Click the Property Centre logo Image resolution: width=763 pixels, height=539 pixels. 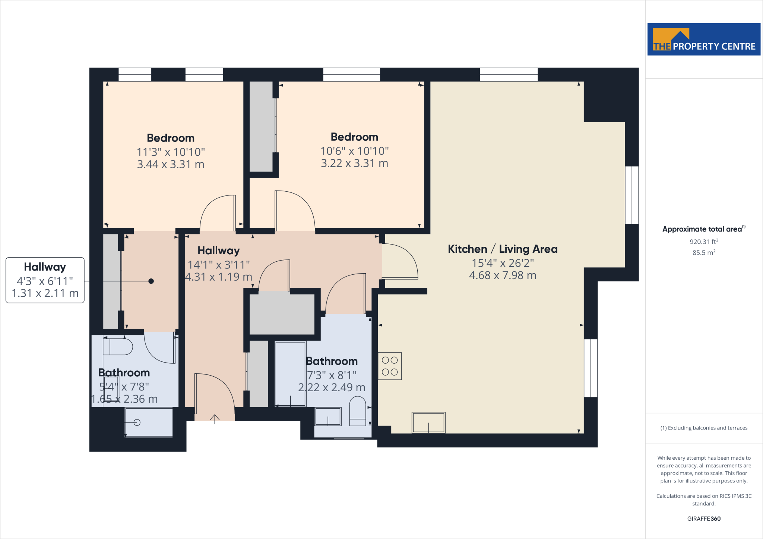click(703, 39)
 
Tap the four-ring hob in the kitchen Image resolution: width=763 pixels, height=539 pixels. click(390, 366)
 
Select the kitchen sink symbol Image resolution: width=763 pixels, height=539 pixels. click(428, 422)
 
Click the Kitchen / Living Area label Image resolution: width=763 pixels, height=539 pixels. click(502, 249)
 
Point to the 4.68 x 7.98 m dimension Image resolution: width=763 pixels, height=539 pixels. click(502, 275)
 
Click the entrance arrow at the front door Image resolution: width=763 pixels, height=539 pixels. click(215, 418)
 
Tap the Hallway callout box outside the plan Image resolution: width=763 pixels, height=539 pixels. click(45, 280)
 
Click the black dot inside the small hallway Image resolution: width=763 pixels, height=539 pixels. click(151, 281)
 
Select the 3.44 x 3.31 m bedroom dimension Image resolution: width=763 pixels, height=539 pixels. click(171, 164)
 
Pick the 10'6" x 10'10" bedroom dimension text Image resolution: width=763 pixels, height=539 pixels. click(354, 151)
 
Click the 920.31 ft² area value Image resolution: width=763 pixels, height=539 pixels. click(703, 242)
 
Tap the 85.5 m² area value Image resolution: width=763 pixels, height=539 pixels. click(703, 252)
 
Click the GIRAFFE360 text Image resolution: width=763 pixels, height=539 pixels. click(703, 519)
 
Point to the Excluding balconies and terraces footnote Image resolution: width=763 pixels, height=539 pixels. click(703, 428)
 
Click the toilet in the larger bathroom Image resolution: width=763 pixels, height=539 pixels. click(358, 409)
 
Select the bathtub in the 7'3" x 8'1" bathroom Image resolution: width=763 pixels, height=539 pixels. click(290, 374)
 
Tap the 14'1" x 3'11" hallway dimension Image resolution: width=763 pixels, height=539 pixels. click(219, 265)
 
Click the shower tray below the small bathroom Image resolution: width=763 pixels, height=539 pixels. click(149, 422)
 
